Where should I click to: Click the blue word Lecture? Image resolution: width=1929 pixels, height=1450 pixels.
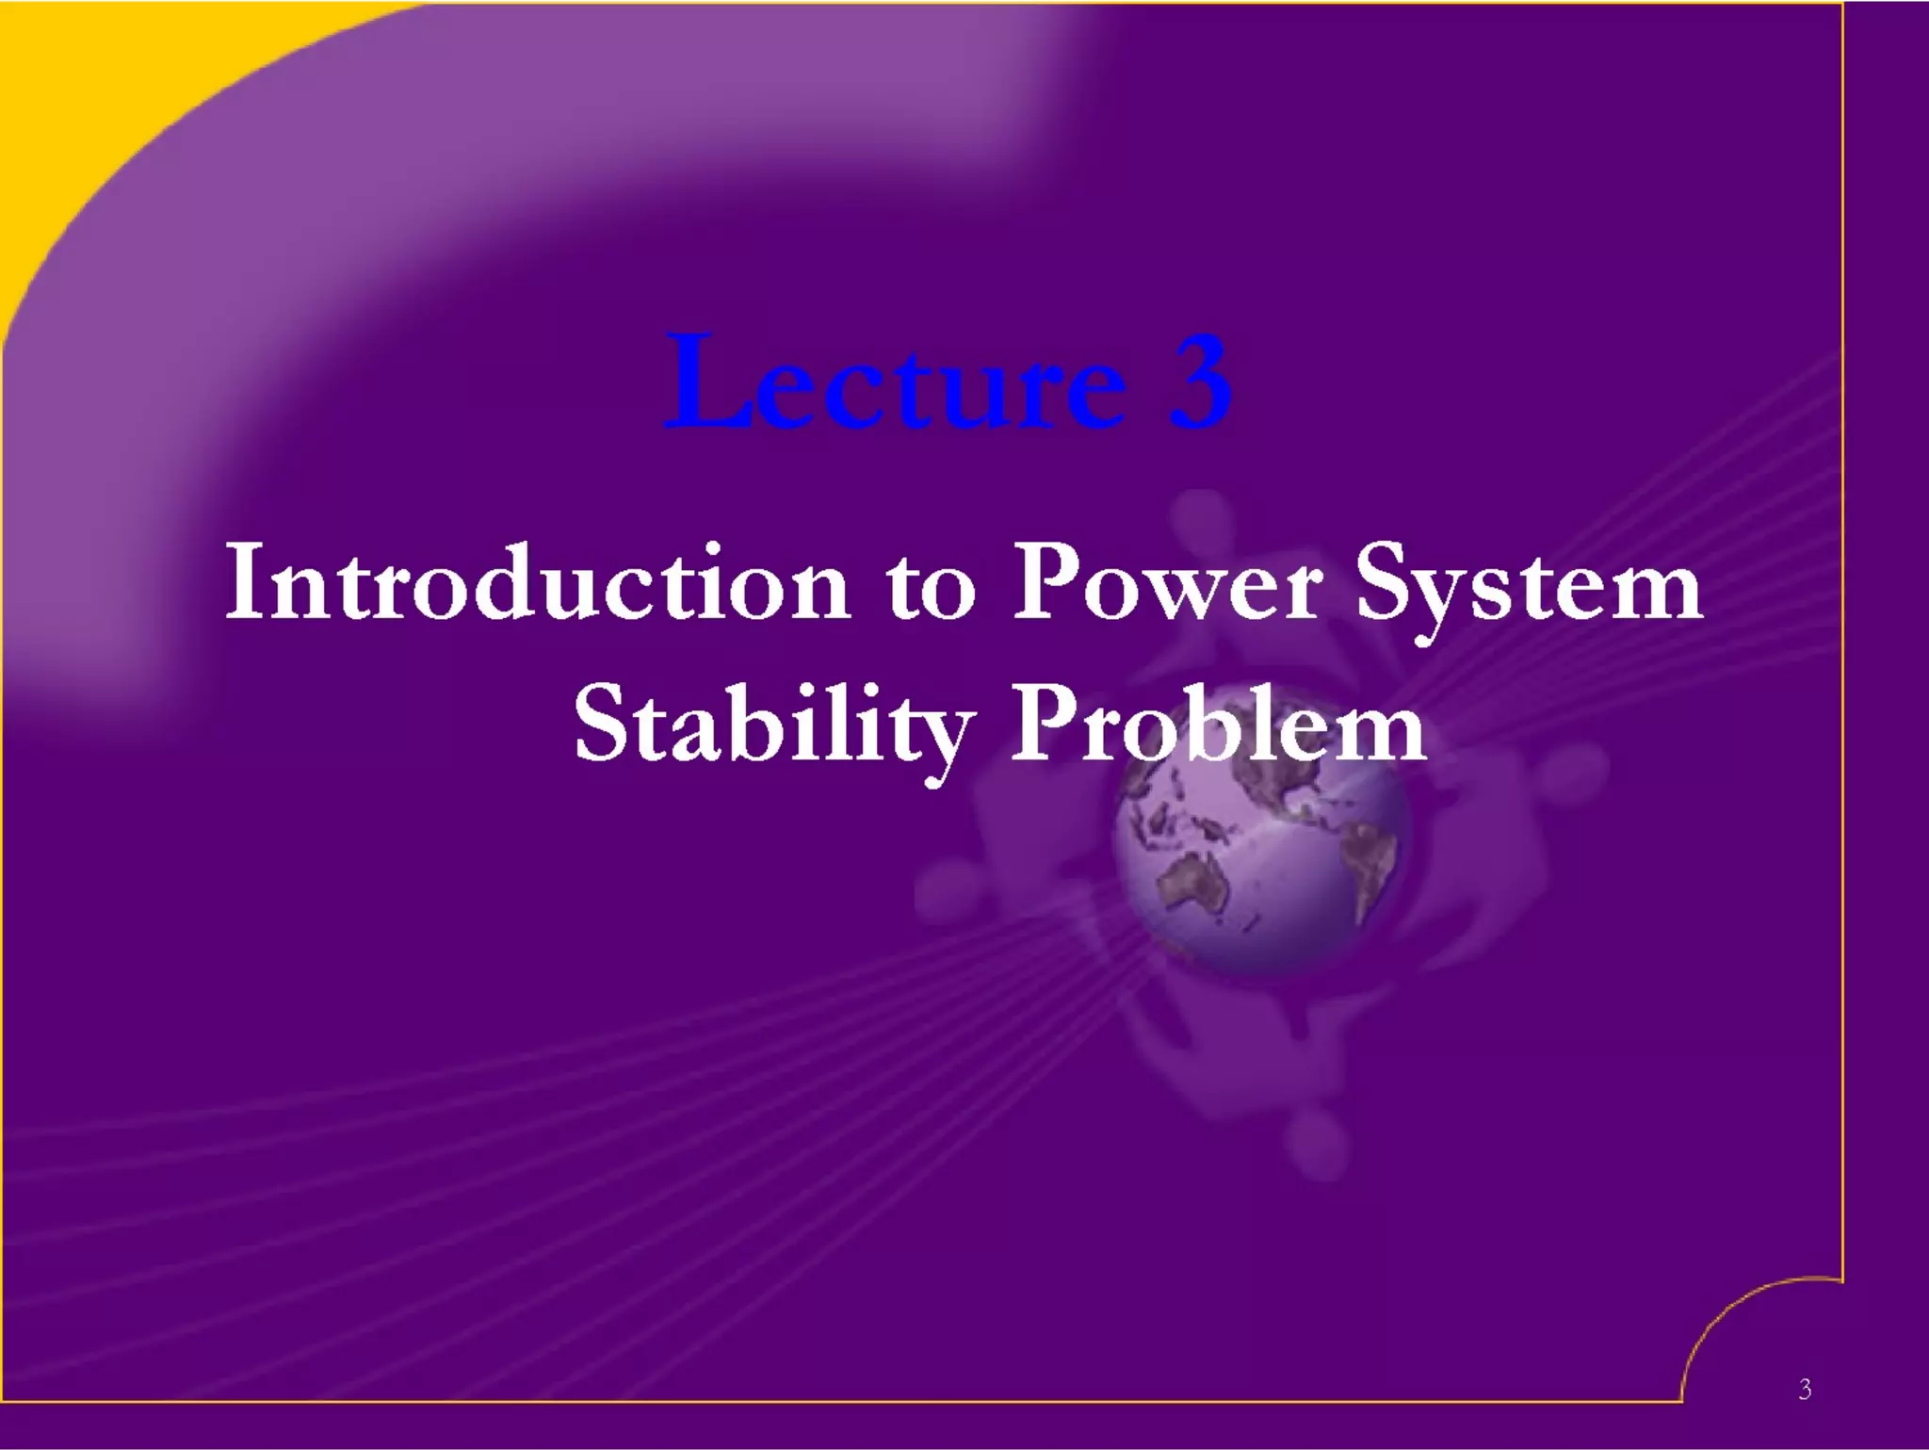[x=895, y=382]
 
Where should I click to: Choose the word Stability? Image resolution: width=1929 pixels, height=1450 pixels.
[x=772, y=725]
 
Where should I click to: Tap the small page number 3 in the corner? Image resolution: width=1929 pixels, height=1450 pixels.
[x=1804, y=1389]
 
